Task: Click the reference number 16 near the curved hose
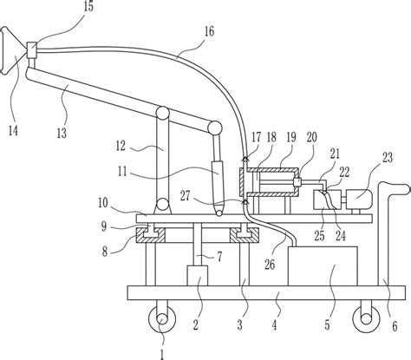click(x=209, y=31)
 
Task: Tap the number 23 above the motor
click(x=388, y=158)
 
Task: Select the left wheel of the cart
click(x=162, y=319)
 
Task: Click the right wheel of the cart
click(x=366, y=319)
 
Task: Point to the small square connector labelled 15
click(x=31, y=49)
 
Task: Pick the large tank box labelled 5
click(x=323, y=266)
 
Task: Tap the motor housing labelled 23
click(x=359, y=199)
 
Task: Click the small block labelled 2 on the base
click(x=198, y=276)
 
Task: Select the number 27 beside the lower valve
click(x=185, y=196)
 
